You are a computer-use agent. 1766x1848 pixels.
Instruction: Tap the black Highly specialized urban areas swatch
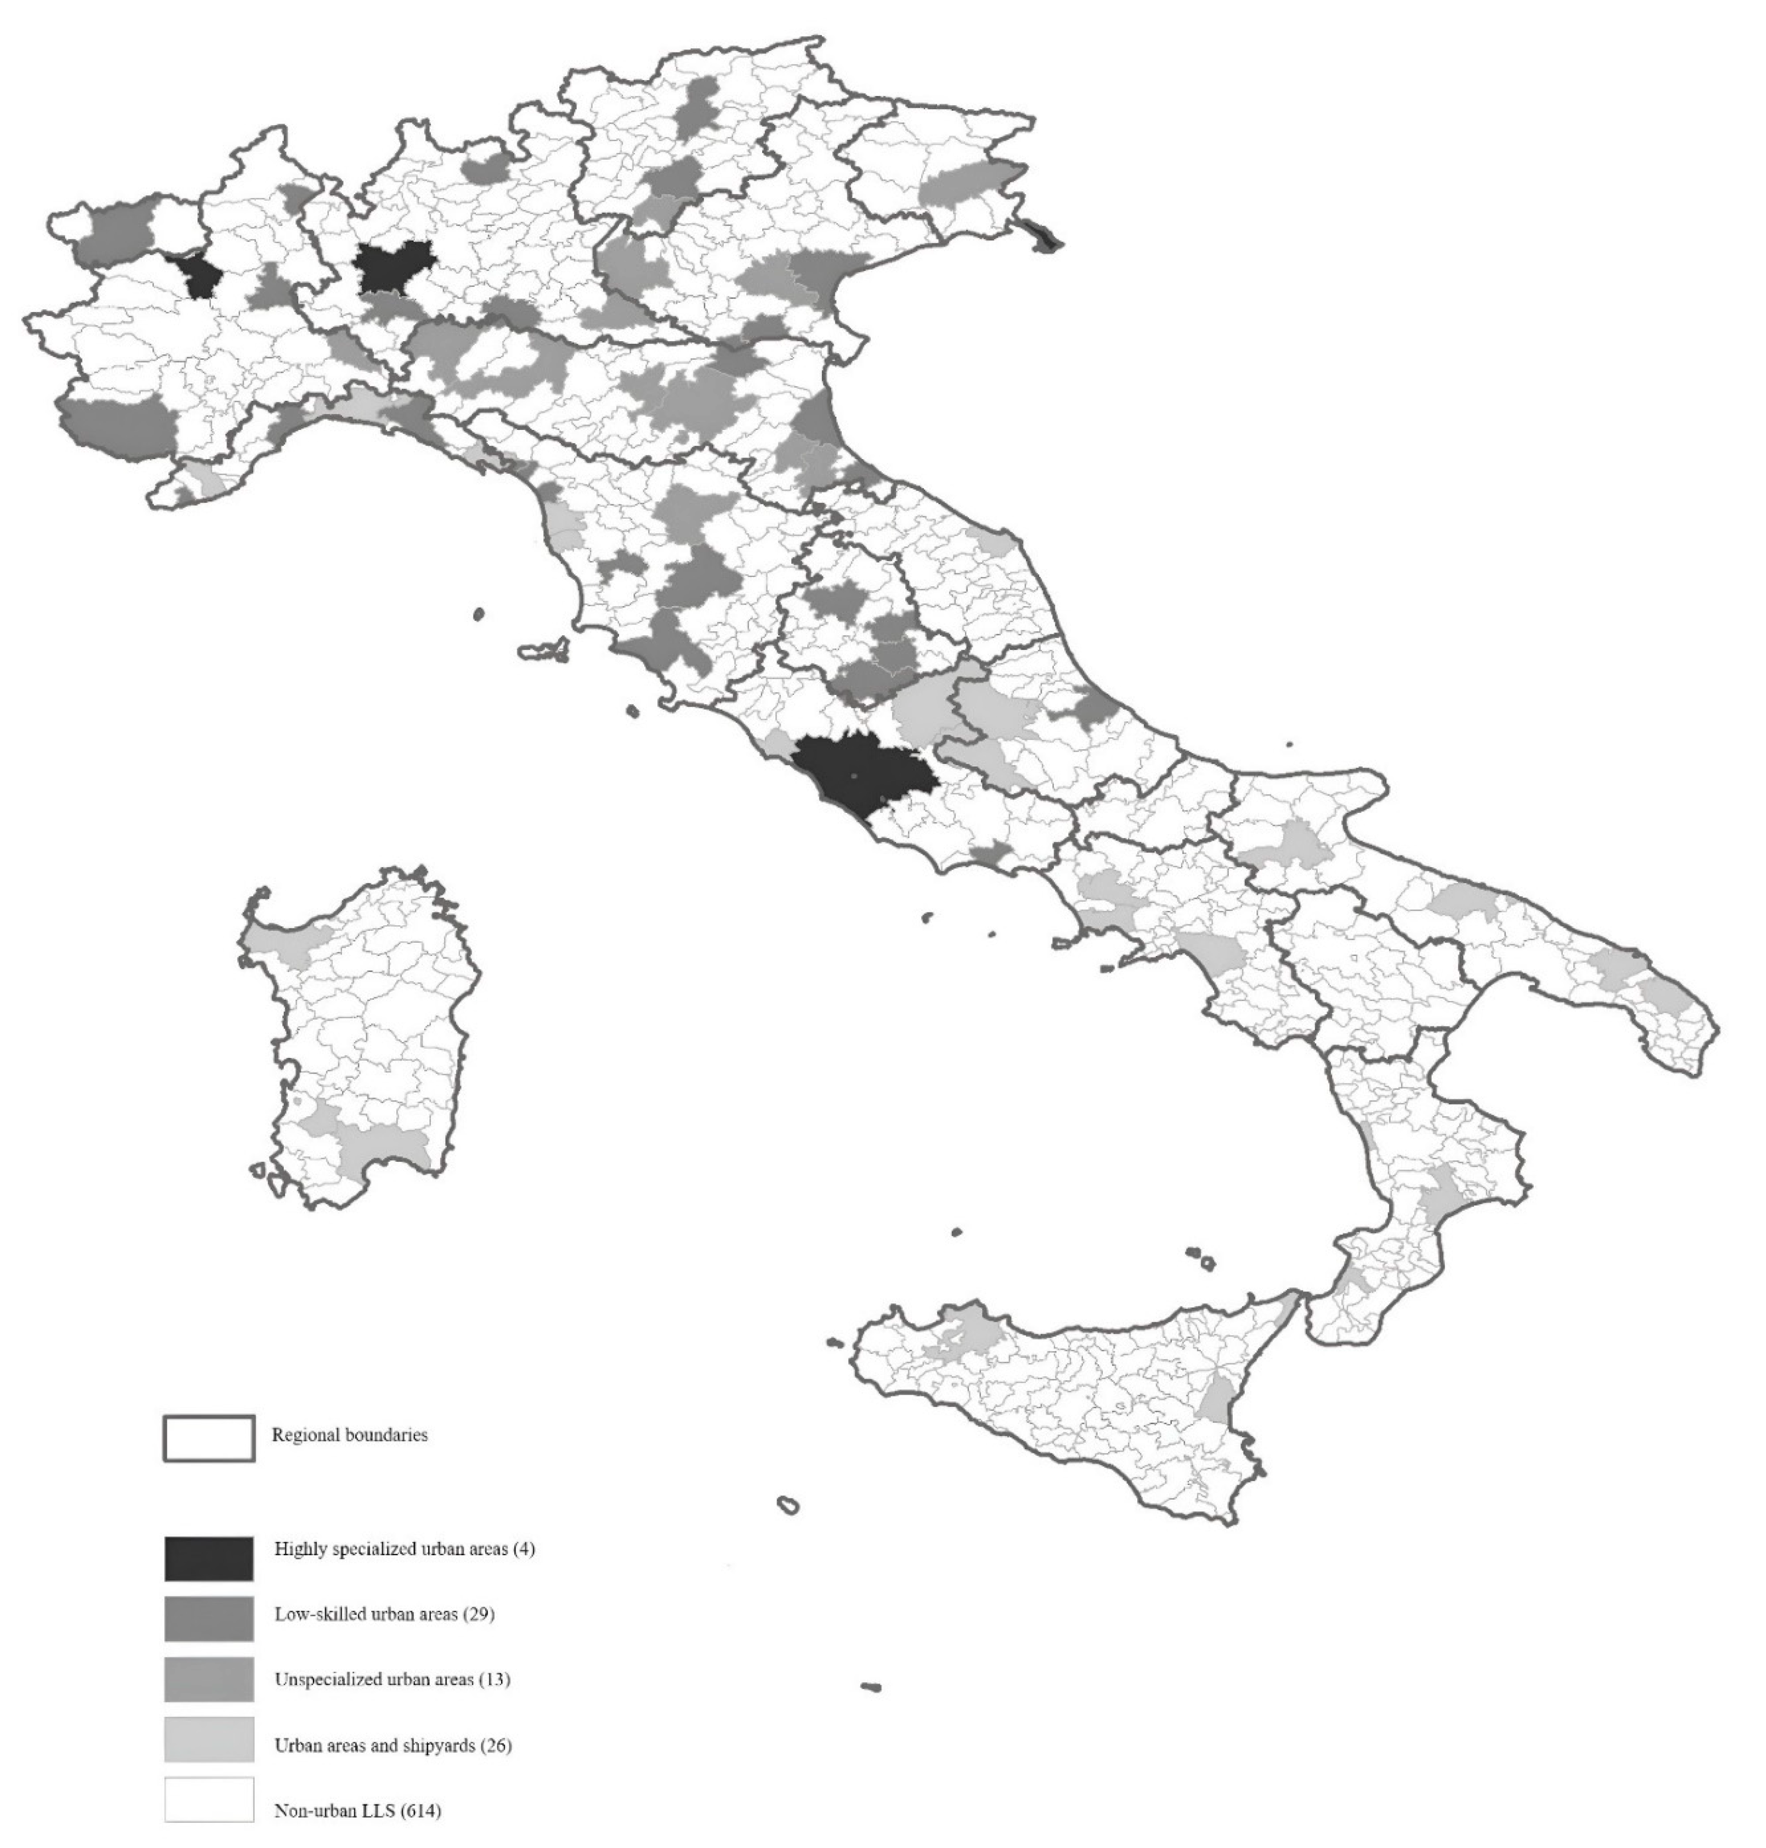(x=209, y=1559)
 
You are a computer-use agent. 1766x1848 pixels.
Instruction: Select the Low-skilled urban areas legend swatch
(x=209, y=1618)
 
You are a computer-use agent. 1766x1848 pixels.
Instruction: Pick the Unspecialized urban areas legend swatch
(x=209, y=1679)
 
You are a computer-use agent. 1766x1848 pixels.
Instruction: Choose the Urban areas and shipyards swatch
(x=209, y=1739)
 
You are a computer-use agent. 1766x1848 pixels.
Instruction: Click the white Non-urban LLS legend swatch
(x=209, y=1799)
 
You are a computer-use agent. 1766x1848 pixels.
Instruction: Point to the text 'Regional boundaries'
(x=349, y=1435)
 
